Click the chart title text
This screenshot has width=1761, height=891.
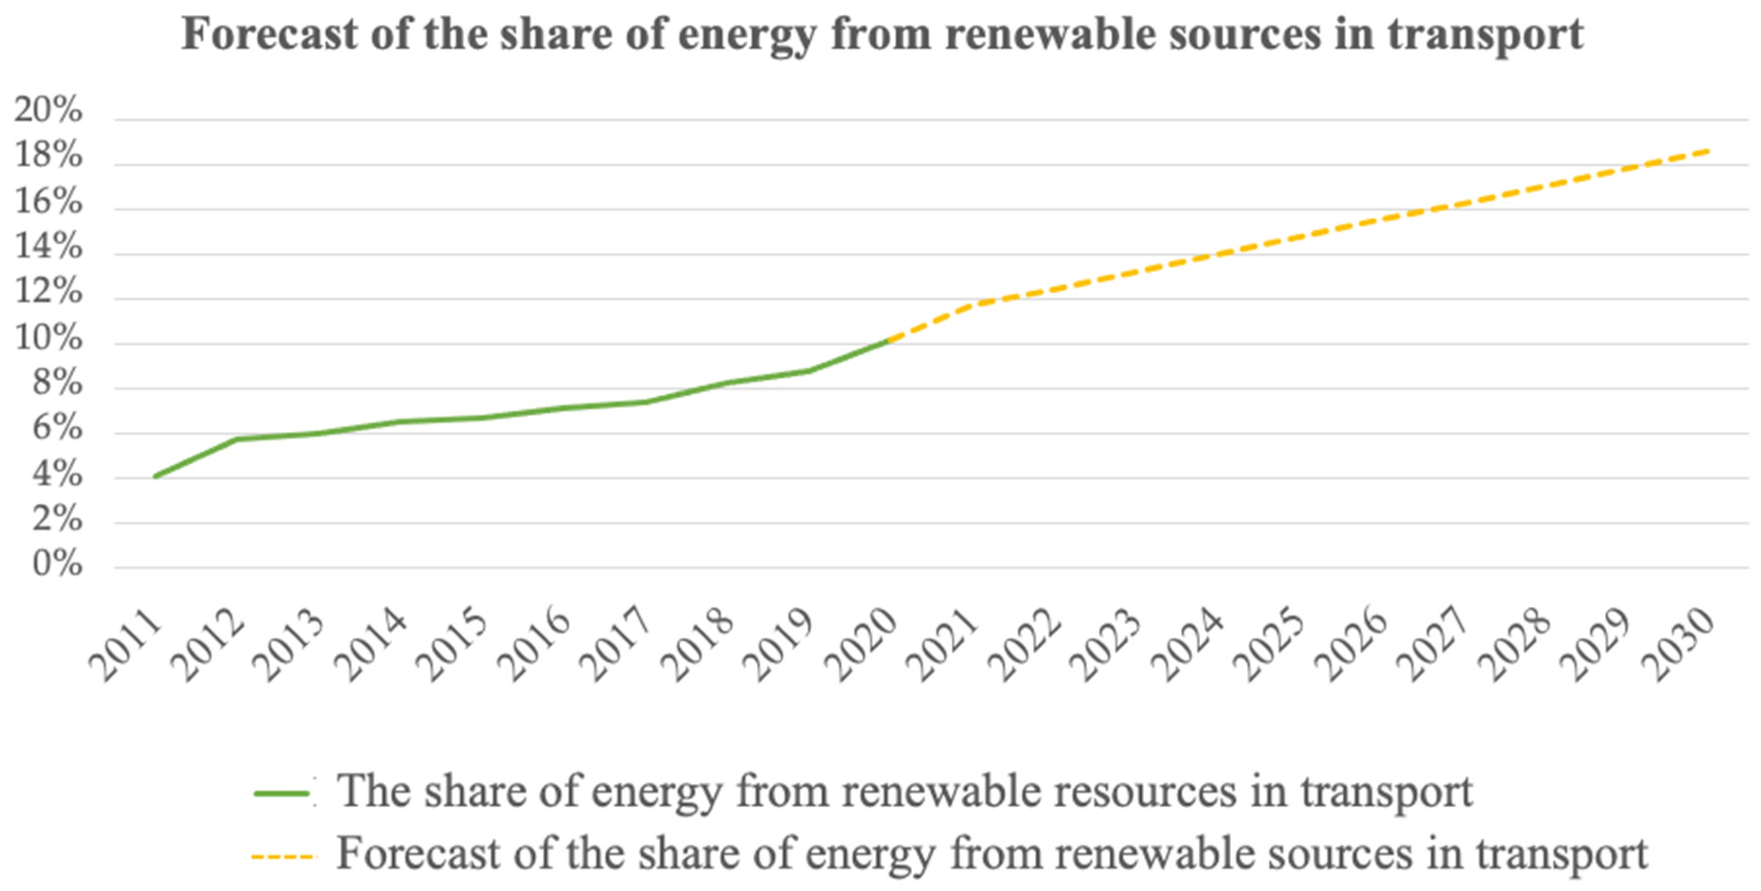point(882,34)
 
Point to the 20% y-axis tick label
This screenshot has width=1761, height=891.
point(48,111)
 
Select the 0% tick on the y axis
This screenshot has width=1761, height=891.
point(57,565)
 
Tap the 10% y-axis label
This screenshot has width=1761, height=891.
point(48,339)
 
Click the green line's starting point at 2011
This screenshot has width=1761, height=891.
point(156,476)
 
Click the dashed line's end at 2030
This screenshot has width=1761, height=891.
point(1709,150)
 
